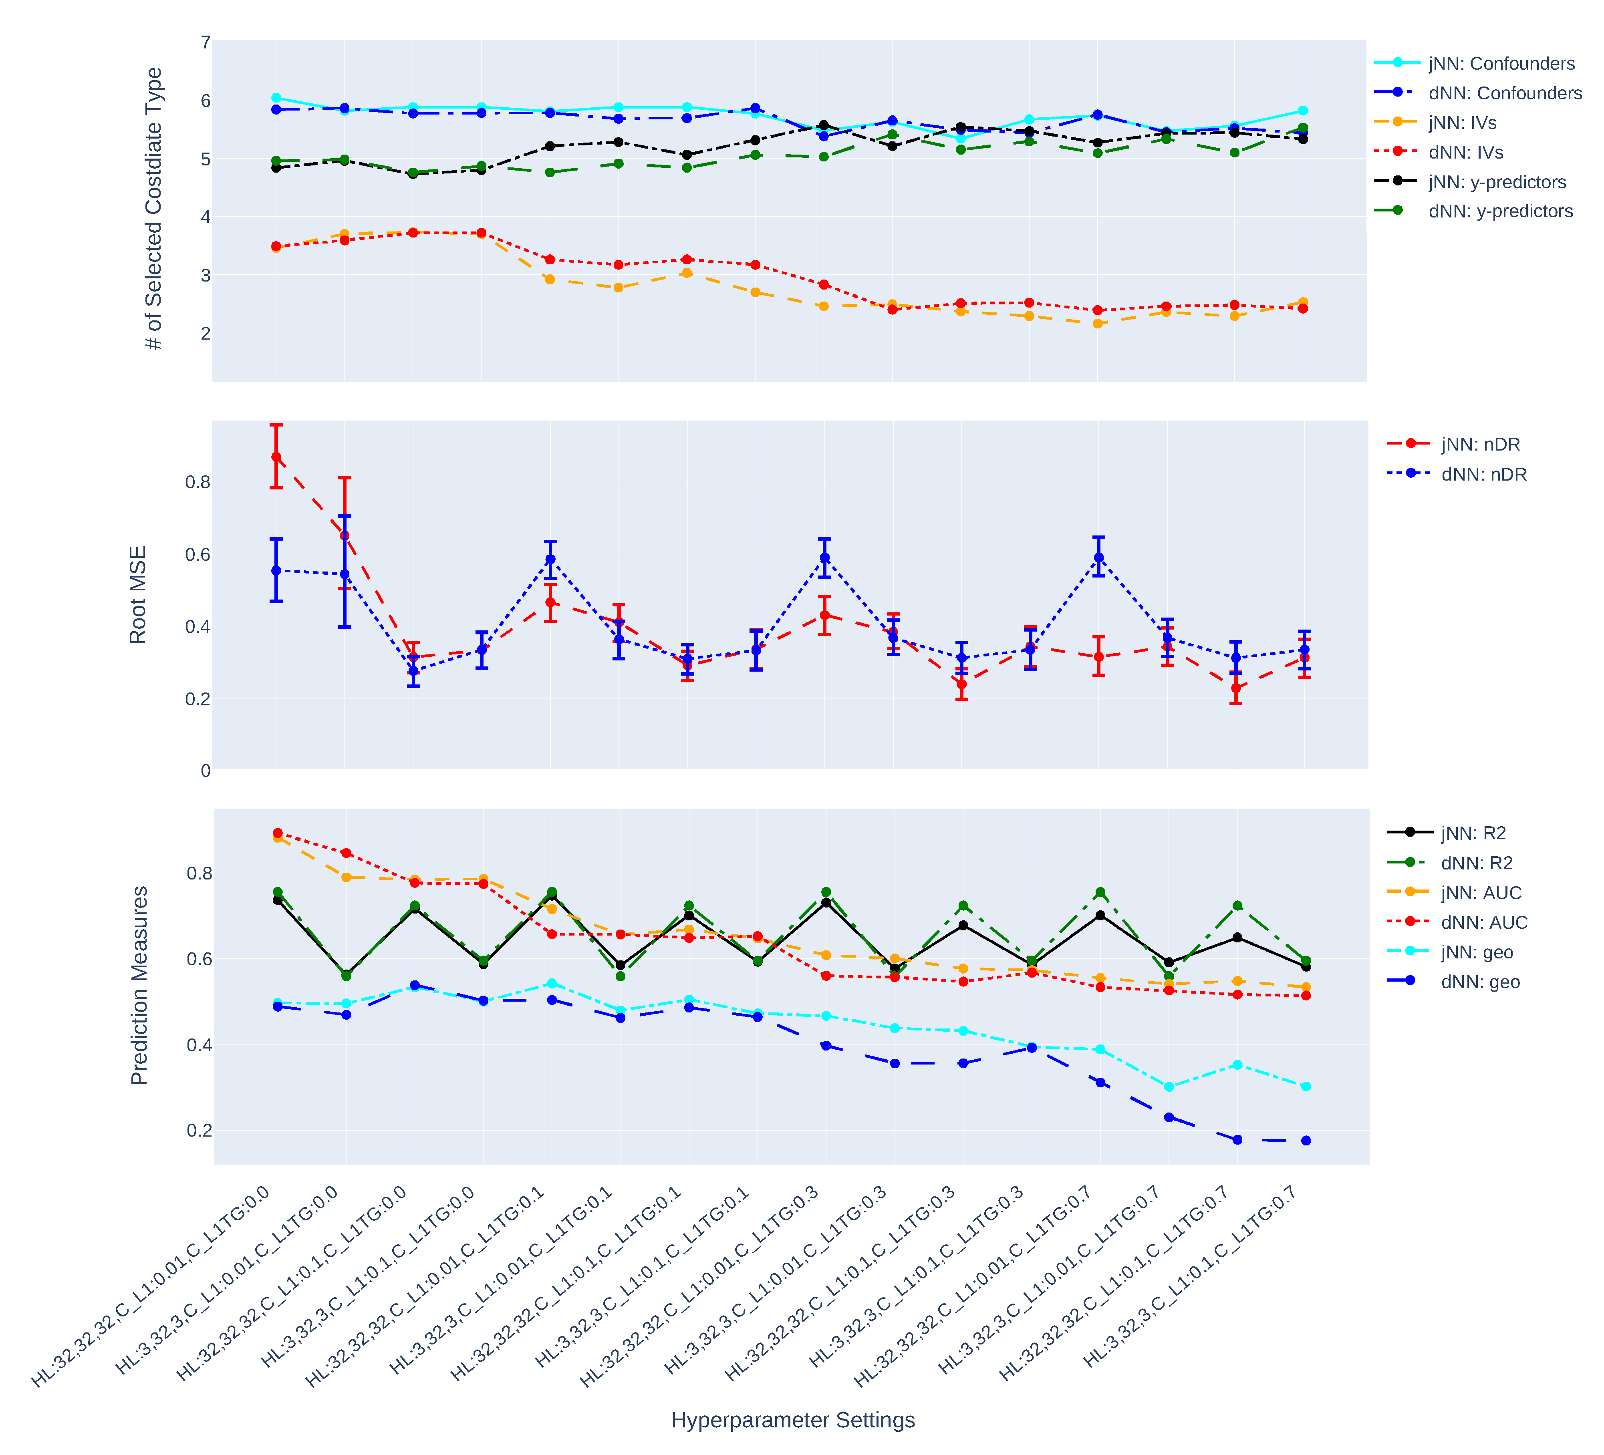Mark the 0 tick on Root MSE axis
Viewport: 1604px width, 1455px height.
point(205,770)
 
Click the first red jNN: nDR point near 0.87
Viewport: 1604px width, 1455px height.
point(276,457)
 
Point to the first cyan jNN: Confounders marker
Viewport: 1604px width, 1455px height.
point(276,98)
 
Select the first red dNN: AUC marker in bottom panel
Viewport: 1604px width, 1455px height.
point(278,833)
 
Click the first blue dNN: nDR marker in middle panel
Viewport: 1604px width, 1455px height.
point(276,570)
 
